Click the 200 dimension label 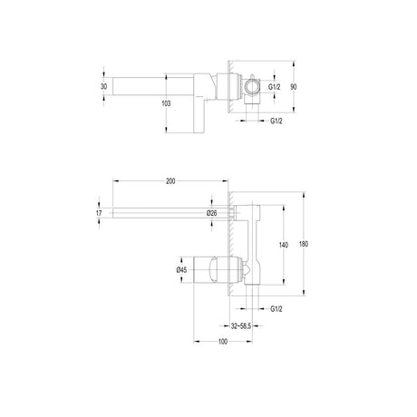[170, 181]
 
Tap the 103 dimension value [166, 103]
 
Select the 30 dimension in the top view [103, 87]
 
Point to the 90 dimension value [294, 87]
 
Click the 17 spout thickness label [99, 213]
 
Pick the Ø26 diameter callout [212, 213]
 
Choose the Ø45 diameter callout [181, 270]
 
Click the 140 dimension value [284, 245]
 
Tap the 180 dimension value [304, 244]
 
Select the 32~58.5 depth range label [241, 326]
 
